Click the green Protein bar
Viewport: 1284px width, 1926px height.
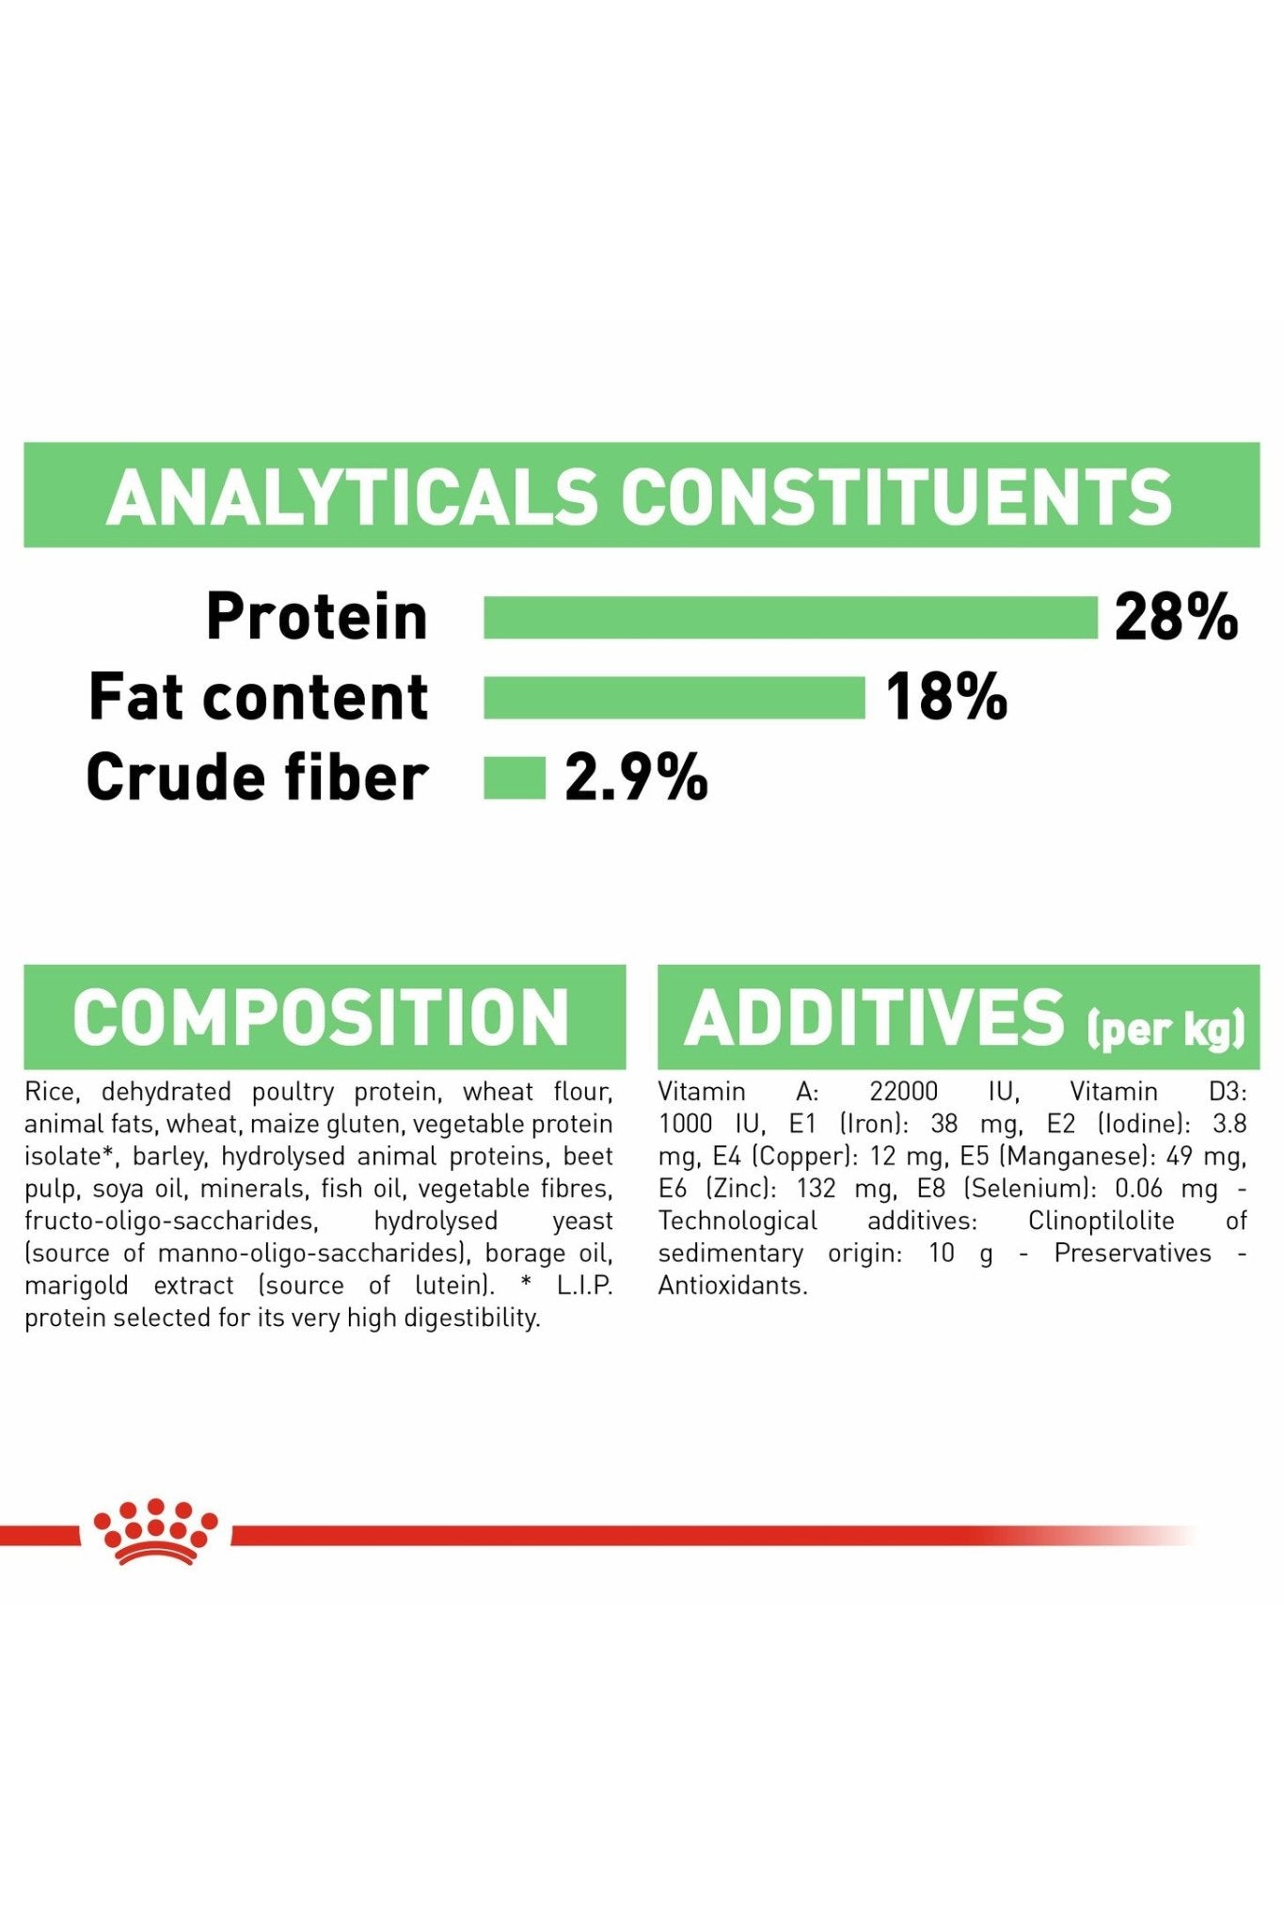[790, 618]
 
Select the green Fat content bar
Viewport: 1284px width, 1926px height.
[674, 697]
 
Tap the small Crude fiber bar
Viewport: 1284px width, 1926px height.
[515, 778]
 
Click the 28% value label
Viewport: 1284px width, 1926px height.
[1176, 618]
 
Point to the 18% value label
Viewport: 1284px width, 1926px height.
[946, 698]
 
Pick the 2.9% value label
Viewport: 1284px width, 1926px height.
[636, 778]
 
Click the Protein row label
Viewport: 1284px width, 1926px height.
[317, 617]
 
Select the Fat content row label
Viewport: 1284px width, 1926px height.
[259, 697]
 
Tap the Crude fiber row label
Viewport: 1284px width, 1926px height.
[257, 778]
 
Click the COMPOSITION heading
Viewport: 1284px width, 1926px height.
[321, 1018]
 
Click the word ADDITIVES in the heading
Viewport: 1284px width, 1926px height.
[874, 1018]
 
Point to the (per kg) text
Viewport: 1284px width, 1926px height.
[1166, 1028]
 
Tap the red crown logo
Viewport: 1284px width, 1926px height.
[155, 1532]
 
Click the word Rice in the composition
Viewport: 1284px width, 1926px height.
[51, 1092]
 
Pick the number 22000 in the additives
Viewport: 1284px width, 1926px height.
[903, 1092]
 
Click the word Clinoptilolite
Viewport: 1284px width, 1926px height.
[1102, 1222]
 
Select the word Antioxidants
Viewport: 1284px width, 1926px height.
[733, 1286]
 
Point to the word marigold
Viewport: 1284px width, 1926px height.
[76, 1287]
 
